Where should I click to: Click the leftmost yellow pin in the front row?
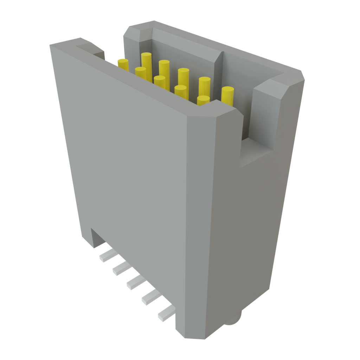[123, 65]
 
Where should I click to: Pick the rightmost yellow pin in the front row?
[203, 100]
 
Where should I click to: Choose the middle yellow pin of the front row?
[160, 82]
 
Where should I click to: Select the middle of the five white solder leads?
[135, 282]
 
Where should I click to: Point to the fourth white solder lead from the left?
[150, 297]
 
